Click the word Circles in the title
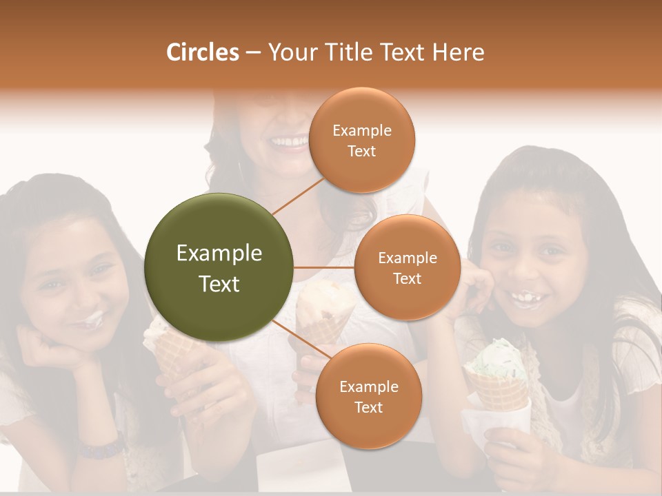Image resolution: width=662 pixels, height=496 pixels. pyautogui.click(x=203, y=52)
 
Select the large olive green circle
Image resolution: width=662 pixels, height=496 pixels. pyautogui.click(x=219, y=267)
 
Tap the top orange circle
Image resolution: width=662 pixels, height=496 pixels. pyautogui.click(x=361, y=141)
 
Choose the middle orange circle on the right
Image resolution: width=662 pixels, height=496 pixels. pyautogui.click(x=407, y=268)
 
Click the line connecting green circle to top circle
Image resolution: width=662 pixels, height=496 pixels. pyautogui.click(x=298, y=195)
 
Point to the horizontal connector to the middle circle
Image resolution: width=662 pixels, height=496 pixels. pyautogui.click(x=324, y=267)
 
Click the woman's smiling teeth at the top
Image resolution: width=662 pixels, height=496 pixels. pyautogui.click(x=290, y=143)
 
